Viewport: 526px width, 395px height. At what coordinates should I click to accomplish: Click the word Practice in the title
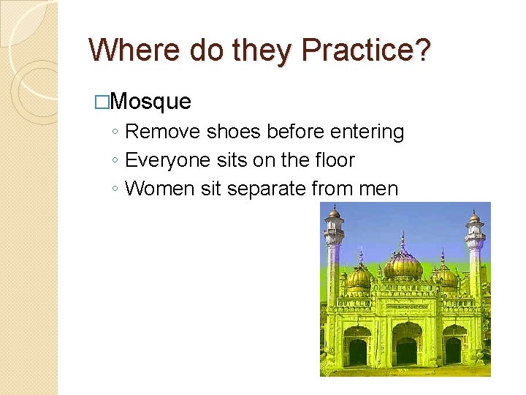[359, 50]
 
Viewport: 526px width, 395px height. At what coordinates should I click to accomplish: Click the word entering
[367, 132]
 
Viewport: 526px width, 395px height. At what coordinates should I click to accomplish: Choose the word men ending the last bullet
[378, 189]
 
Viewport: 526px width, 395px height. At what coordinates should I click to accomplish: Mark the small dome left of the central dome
[359, 276]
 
